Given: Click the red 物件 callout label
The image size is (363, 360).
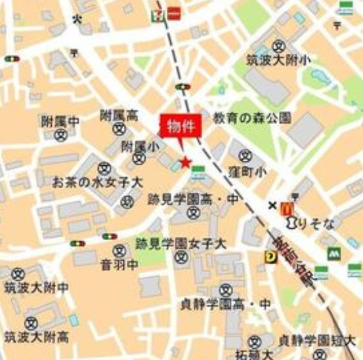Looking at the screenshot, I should pyautogui.click(x=180, y=126).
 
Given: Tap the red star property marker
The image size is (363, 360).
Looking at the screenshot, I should pyautogui.click(x=186, y=162).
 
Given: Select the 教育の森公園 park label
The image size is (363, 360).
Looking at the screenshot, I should pyautogui.click(x=251, y=118).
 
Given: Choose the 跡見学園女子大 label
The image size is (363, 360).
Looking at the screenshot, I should pyautogui.click(x=181, y=243).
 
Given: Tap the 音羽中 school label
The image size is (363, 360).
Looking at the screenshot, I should pyautogui.click(x=119, y=265).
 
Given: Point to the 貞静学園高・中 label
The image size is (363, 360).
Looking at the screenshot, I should pyautogui.click(x=226, y=304).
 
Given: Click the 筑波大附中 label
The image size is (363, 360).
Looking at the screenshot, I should pyautogui.click(x=36, y=288).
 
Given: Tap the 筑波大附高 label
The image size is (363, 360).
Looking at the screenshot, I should pyautogui.click(x=36, y=337).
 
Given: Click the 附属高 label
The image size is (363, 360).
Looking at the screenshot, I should pyautogui.click(x=119, y=115).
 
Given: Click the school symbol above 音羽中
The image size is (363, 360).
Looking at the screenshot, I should pyautogui.click(x=119, y=250).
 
